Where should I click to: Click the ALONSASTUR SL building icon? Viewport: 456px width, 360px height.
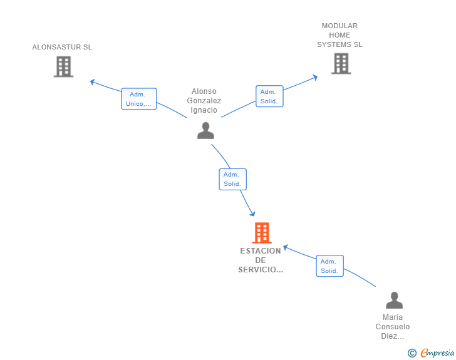(x=63, y=66)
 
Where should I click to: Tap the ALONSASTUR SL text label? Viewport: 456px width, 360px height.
(x=62, y=47)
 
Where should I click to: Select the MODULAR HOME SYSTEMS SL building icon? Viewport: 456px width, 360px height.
(x=341, y=64)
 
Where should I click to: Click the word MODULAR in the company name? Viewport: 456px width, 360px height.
(x=339, y=26)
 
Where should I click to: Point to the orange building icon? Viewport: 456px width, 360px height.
(x=262, y=233)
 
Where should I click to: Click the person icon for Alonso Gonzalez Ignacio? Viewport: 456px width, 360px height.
(x=205, y=131)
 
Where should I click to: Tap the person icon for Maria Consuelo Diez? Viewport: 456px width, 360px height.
(x=394, y=300)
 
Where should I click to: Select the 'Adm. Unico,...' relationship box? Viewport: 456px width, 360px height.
(x=139, y=99)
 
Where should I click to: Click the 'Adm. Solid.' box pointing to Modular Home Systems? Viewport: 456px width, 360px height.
(x=269, y=96)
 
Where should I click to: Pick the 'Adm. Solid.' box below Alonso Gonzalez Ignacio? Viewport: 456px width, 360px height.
(x=232, y=180)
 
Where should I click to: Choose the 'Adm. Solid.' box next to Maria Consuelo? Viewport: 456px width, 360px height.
(x=329, y=266)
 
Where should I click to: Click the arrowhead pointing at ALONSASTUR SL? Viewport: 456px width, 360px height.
(x=92, y=82)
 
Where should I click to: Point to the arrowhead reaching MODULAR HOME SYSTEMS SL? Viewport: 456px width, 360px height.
(x=315, y=78)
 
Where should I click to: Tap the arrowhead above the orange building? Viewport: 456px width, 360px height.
(x=252, y=213)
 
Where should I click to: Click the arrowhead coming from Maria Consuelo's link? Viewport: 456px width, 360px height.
(x=286, y=247)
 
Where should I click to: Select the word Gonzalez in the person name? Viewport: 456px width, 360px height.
(x=204, y=101)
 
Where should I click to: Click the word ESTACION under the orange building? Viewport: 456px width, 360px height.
(x=261, y=251)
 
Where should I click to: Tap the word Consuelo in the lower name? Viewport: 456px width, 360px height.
(x=393, y=327)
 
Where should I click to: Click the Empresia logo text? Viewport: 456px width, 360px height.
(x=437, y=353)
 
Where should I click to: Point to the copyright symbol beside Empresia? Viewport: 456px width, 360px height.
(x=412, y=353)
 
